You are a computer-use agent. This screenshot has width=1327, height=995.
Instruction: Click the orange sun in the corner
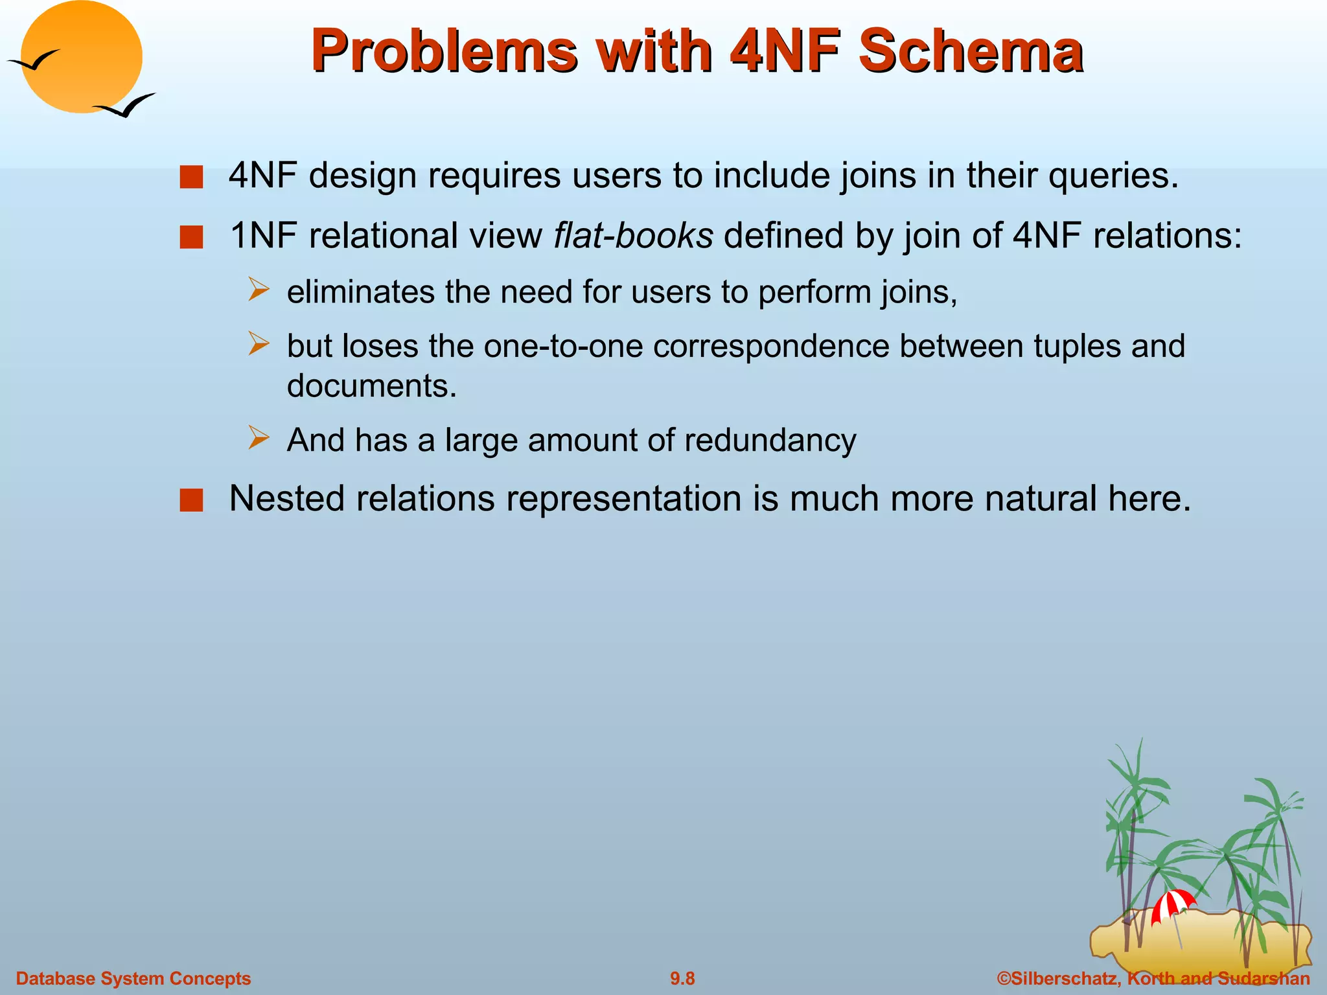(x=81, y=57)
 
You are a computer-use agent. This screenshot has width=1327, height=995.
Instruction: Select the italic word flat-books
(x=633, y=235)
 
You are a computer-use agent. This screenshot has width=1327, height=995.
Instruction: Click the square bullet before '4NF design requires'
(x=192, y=177)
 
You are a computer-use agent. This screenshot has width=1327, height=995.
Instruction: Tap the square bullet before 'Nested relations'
(x=192, y=500)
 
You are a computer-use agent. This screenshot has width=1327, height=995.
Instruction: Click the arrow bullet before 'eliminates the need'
(x=259, y=290)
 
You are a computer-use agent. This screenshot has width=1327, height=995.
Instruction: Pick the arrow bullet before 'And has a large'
(x=259, y=439)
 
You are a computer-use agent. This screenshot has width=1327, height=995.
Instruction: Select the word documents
(x=371, y=386)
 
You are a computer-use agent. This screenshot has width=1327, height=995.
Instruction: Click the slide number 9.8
(x=682, y=978)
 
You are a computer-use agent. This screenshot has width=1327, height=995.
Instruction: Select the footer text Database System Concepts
(x=133, y=978)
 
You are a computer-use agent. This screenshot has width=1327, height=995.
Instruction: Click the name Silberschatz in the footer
(x=1063, y=978)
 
